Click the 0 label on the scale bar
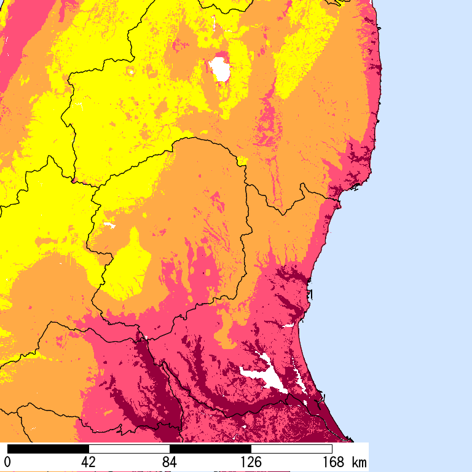pos(7,462)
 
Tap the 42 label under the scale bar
pos(88,462)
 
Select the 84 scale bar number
pos(170,462)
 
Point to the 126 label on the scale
pos(251,462)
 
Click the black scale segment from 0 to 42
pos(48,449)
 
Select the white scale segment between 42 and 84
pos(129,449)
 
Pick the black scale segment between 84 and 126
pos(210,449)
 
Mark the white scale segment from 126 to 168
pos(291,449)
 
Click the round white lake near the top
pos(219,69)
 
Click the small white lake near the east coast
pos(289,324)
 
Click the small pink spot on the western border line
pos(74,181)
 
